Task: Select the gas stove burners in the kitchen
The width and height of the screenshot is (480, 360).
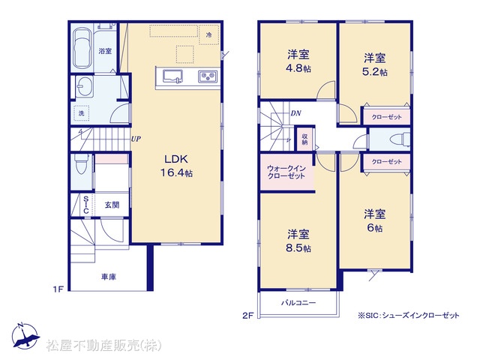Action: [x=208, y=76]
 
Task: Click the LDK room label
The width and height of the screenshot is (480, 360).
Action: [x=176, y=159]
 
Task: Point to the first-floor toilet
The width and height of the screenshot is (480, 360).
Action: [x=81, y=163]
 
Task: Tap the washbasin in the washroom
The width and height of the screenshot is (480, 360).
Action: [x=84, y=87]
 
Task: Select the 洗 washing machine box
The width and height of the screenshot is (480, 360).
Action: [x=82, y=113]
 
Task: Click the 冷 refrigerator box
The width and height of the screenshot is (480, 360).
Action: [x=208, y=35]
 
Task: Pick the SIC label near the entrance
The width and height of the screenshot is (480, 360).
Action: [x=86, y=205]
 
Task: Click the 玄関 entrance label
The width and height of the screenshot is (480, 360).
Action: [x=112, y=205]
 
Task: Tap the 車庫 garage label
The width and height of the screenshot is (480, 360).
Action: [x=109, y=277]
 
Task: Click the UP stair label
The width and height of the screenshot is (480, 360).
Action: [x=136, y=139]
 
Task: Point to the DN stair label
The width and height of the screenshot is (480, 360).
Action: [x=295, y=113]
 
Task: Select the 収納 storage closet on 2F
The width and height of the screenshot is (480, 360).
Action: [x=305, y=139]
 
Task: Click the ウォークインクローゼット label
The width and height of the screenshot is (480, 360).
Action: [x=286, y=172]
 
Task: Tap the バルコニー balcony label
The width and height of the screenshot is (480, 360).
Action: [x=298, y=303]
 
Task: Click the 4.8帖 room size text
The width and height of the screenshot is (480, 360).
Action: [x=298, y=68]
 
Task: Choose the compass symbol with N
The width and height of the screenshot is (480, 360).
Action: [x=25, y=336]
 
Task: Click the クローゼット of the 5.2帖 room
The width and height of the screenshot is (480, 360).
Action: [x=387, y=117]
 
